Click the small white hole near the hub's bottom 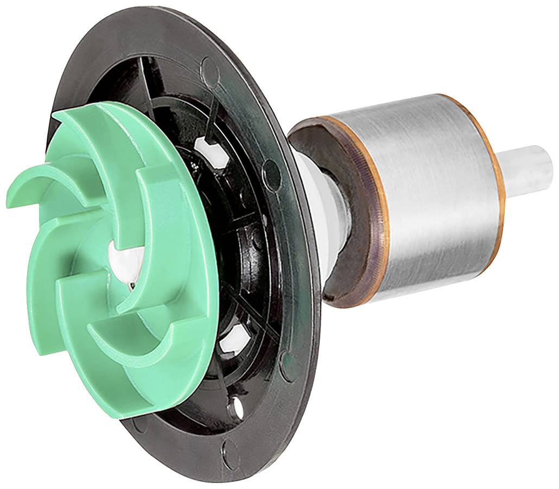(x=237, y=404)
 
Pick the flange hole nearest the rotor (x=271, y=173)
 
